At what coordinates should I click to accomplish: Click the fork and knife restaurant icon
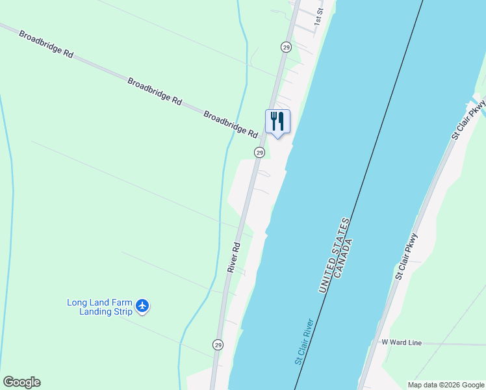pyautogui.click(x=277, y=122)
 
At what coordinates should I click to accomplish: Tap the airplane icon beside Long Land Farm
pyautogui.click(x=143, y=305)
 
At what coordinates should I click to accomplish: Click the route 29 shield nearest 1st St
pyautogui.click(x=286, y=47)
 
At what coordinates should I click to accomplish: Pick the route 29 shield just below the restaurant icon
pyautogui.click(x=259, y=152)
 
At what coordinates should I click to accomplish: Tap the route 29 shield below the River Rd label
pyautogui.click(x=218, y=344)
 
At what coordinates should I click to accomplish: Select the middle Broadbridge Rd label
pyautogui.click(x=155, y=92)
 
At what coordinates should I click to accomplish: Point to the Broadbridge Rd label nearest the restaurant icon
pyautogui.click(x=231, y=123)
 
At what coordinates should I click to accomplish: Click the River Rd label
pyautogui.click(x=234, y=257)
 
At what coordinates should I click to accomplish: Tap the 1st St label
pyautogui.click(x=319, y=16)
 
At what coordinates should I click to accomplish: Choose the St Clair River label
pyautogui.click(x=304, y=342)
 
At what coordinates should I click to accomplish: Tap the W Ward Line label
pyautogui.click(x=402, y=343)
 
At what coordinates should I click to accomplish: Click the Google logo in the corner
pyautogui.click(x=21, y=382)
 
